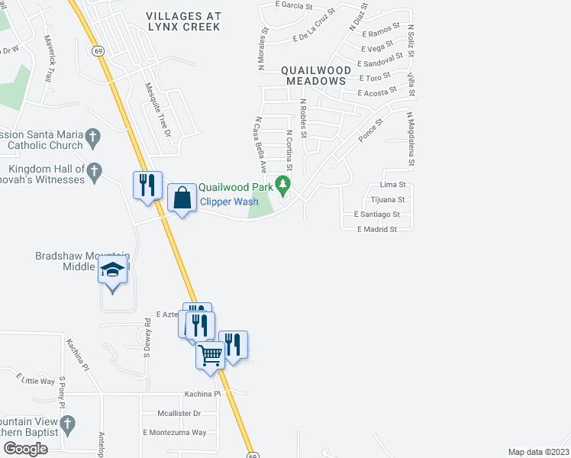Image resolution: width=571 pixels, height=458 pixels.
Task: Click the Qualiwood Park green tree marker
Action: pos(283,185)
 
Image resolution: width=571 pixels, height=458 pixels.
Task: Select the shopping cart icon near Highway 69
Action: pos(210,353)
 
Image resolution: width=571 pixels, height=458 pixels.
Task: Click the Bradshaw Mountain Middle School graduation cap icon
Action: pos(114,269)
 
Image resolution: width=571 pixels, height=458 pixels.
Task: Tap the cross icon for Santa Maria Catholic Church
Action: pos(93,138)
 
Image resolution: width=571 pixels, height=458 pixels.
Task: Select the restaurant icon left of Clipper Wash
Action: pos(147,185)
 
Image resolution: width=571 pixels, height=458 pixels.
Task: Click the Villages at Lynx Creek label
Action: pos(183,21)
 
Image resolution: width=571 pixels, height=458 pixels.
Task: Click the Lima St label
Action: pos(392,185)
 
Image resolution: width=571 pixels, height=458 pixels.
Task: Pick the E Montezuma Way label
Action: pos(174,432)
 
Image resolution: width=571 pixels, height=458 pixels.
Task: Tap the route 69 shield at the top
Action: pos(98,51)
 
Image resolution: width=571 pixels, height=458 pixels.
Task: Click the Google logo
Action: pos(25,448)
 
